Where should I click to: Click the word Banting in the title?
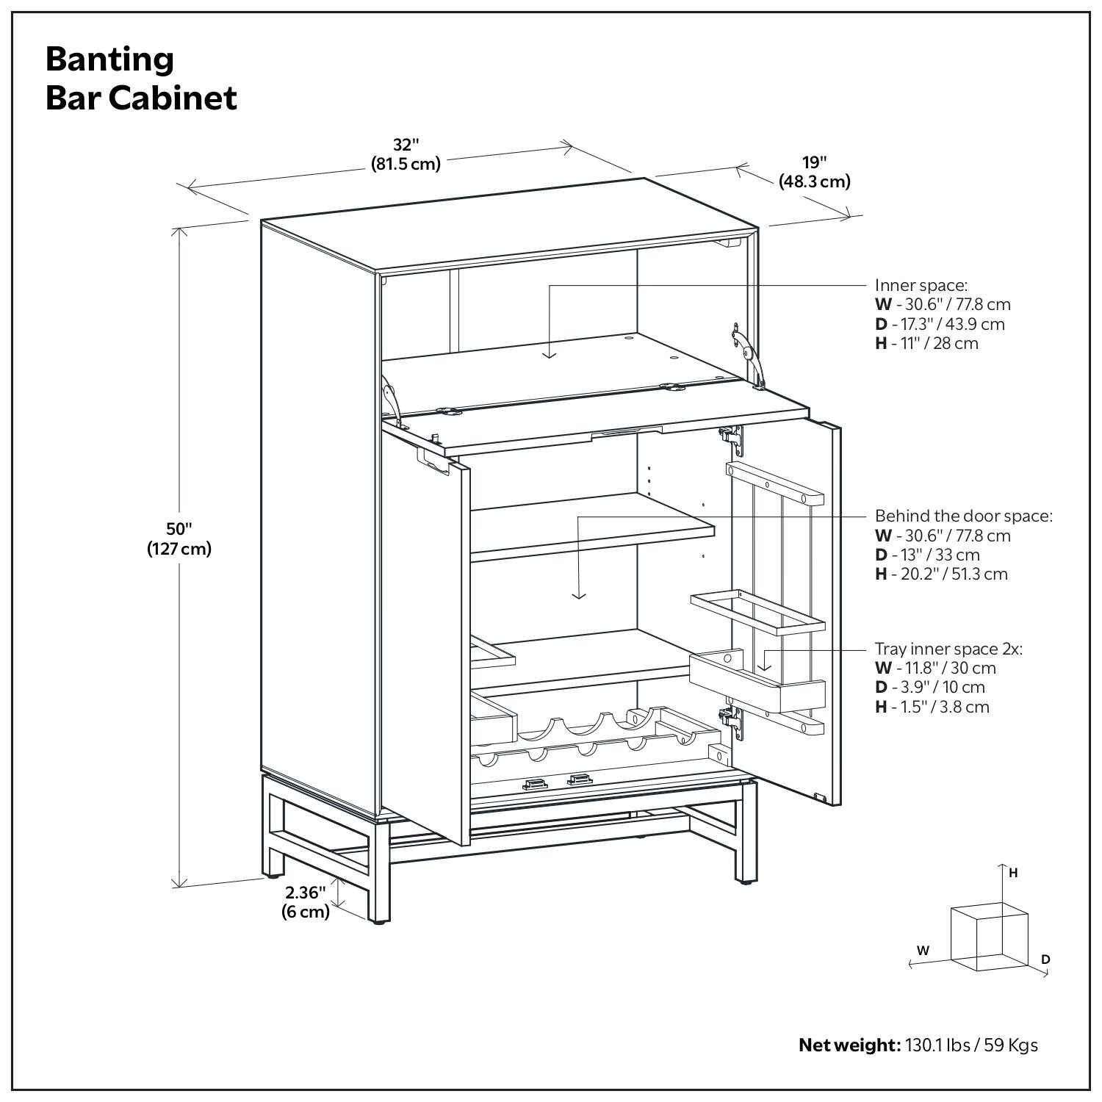point(109,59)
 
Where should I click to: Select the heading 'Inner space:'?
point(921,285)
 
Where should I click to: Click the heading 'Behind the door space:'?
point(963,516)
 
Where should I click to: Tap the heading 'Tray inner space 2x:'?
point(948,649)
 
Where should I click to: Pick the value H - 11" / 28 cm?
point(926,343)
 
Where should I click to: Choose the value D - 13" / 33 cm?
point(927,555)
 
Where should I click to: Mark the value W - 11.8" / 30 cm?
point(935,668)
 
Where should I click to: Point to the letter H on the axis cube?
point(1013,873)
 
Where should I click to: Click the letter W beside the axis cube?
point(923,950)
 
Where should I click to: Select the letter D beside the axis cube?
point(1045,959)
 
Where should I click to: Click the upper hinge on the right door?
point(732,436)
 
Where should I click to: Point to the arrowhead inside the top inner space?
point(550,354)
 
